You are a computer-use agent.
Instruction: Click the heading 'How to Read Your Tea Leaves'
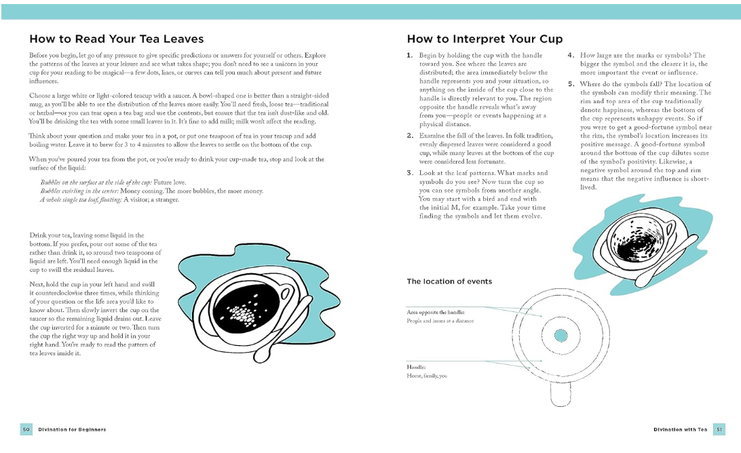pos(116,39)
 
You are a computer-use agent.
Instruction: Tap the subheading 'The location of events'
pos(449,281)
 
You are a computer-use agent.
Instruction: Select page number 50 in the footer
pos(26,429)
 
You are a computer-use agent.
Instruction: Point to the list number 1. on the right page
pos(410,56)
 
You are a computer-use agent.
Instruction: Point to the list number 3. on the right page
pos(410,173)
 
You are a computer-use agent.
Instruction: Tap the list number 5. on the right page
pos(571,85)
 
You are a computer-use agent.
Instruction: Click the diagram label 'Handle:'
pos(416,367)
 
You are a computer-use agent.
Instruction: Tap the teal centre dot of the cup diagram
pos(560,335)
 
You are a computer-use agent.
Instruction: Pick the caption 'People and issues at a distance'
pos(440,321)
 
